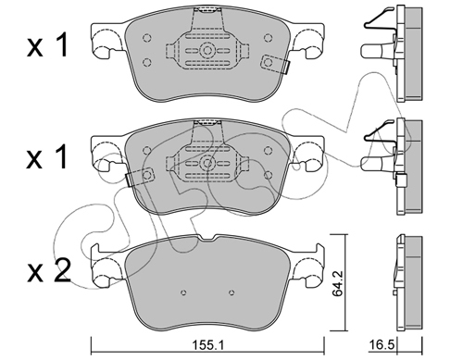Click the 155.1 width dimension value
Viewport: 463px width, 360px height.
(206, 345)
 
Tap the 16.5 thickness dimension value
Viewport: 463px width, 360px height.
(382, 345)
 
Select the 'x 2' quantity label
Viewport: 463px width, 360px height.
(49, 271)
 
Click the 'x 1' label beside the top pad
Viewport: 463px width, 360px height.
(47, 46)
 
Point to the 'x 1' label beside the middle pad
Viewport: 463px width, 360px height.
(47, 157)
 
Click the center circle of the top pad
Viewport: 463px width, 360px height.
(207, 50)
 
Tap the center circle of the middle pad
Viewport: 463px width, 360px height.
(207, 163)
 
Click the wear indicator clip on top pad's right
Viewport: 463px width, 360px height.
(276, 64)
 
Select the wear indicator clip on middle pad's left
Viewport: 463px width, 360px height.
(140, 177)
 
